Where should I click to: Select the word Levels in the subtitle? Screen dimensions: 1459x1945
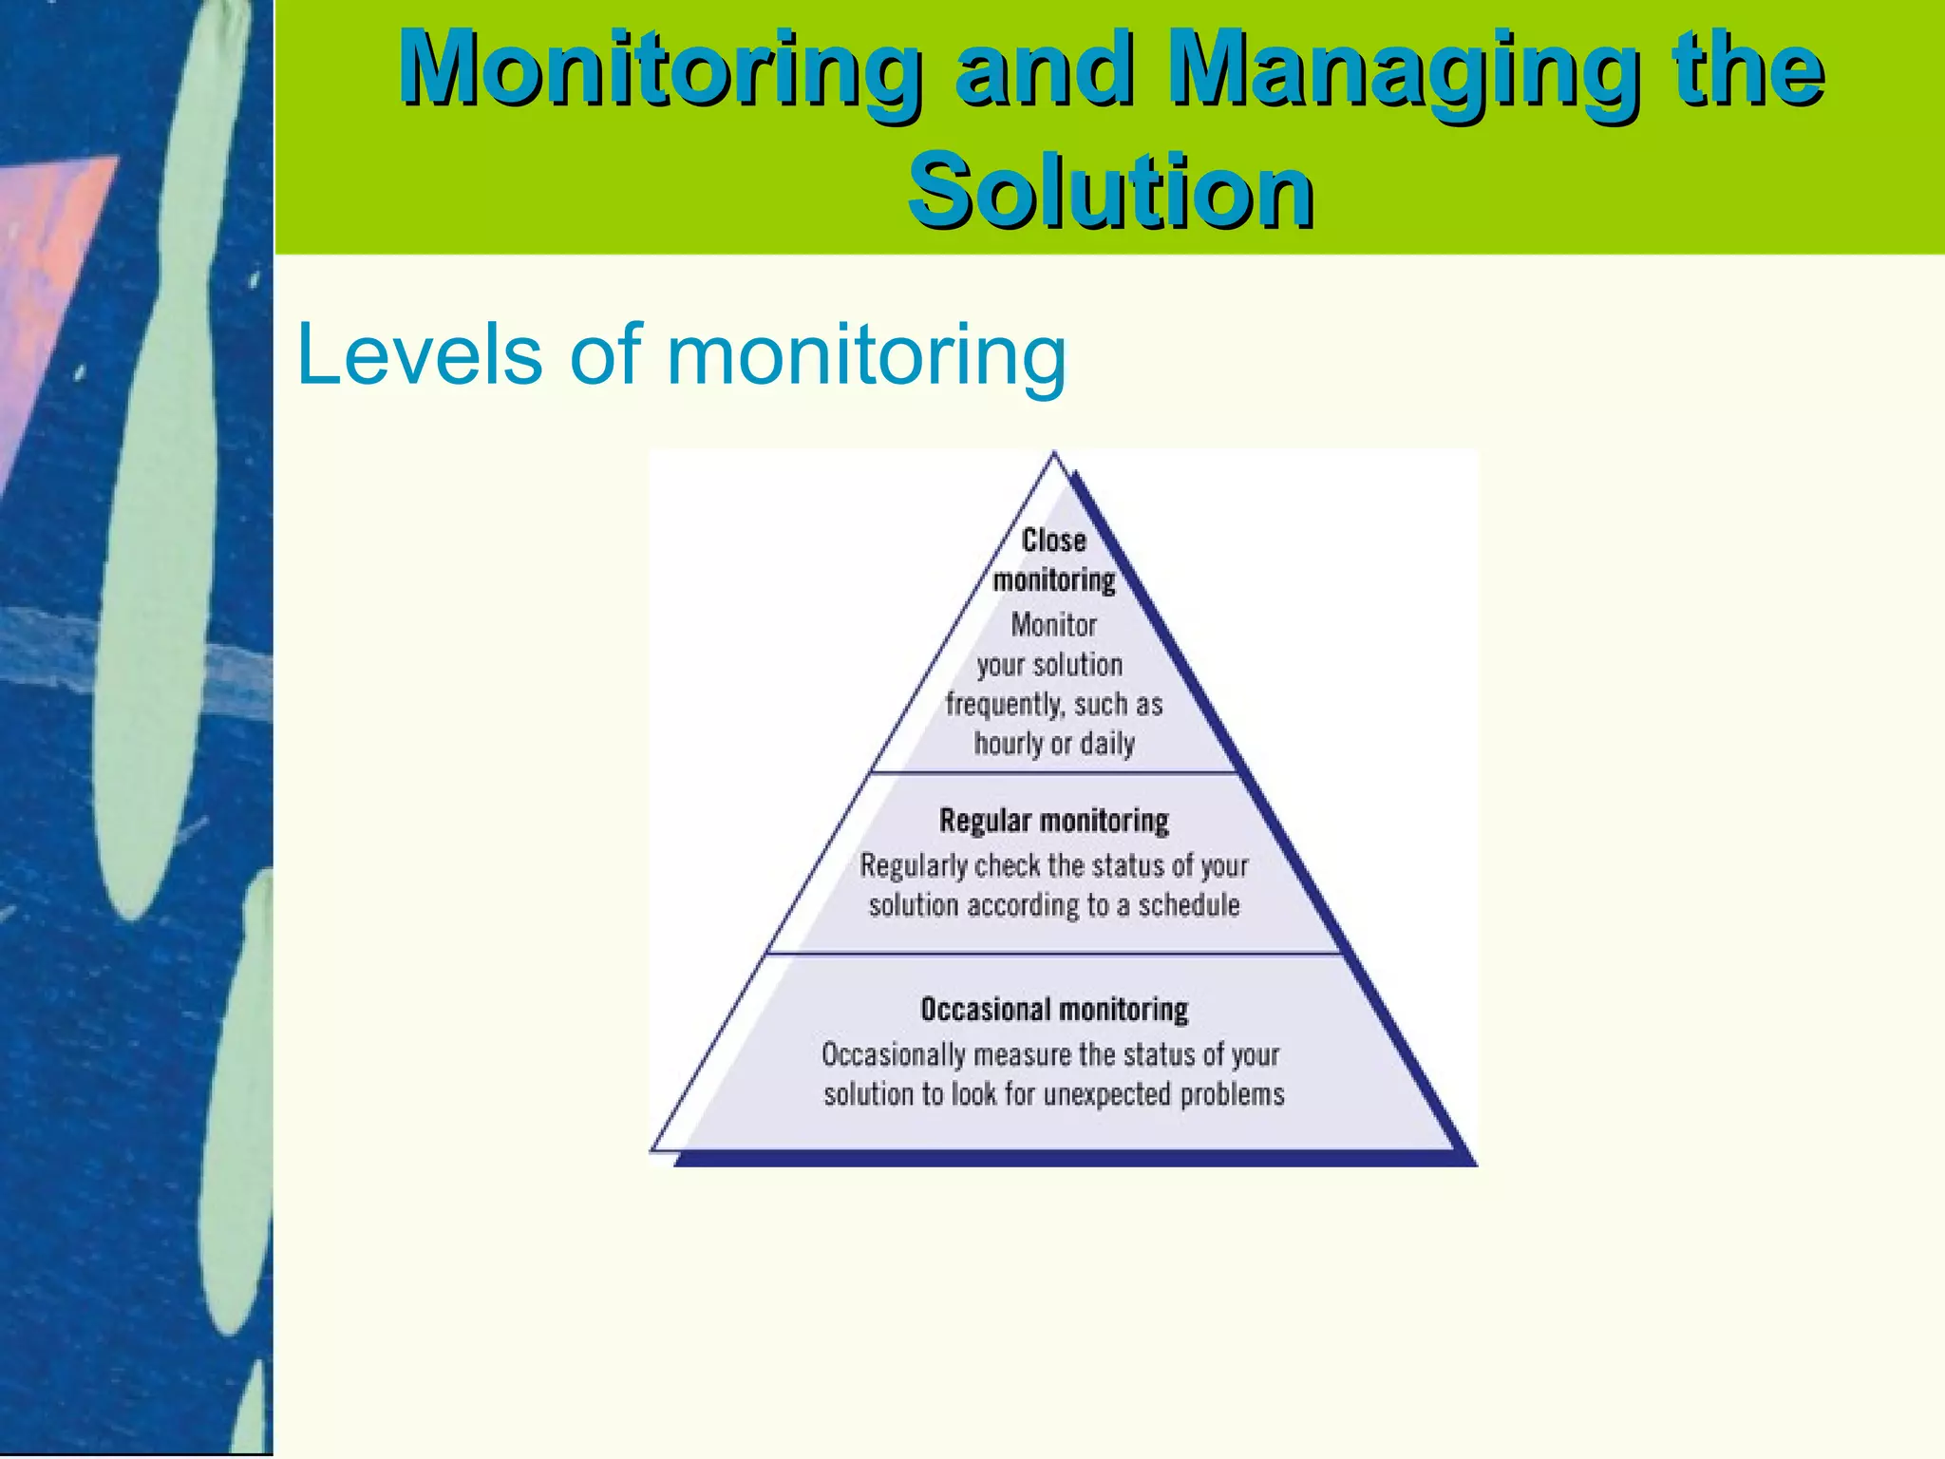[419, 353]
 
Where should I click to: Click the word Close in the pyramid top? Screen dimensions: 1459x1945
[1053, 540]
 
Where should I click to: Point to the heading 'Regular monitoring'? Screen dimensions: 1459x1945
[1053, 821]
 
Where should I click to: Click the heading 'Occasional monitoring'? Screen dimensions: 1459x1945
[1054, 1009]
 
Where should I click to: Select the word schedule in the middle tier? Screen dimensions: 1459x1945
[1188, 905]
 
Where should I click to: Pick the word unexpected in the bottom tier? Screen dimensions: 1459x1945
[1106, 1094]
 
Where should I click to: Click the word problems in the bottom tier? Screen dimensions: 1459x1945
[1232, 1094]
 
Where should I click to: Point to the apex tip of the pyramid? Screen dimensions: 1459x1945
[1053, 456]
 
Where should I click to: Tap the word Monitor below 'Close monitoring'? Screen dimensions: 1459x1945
[1053, 625]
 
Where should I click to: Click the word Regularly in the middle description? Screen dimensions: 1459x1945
[913, 866]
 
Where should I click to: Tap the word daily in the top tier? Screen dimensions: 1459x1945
[1106, 744]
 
